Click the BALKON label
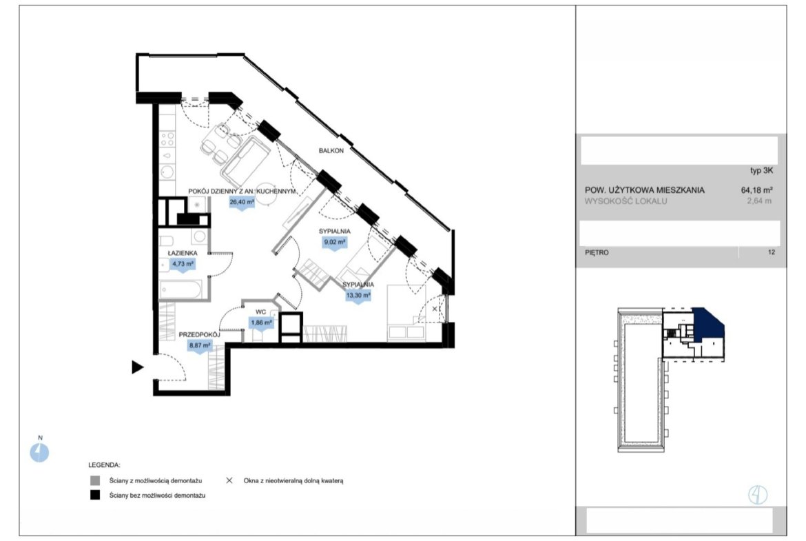click(331, 151)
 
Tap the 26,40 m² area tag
click(242, 203)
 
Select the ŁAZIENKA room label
click(183, 253)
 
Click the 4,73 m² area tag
click(183, 265)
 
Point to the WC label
click(260, 312)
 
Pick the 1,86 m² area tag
click(261, 323)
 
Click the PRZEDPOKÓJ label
click(200, 335)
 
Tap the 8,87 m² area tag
click(200, 346)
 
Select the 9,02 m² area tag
click(334, 242)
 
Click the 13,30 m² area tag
click(358, 296)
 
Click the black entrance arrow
click(137, 367)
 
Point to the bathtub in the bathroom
click(180, 289)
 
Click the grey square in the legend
click(95, 481)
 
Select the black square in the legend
click(95, 496)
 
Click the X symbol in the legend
click(229, 480)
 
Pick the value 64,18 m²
click(756, 190)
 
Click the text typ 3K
click(761, 171)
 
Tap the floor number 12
click(771, 252)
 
